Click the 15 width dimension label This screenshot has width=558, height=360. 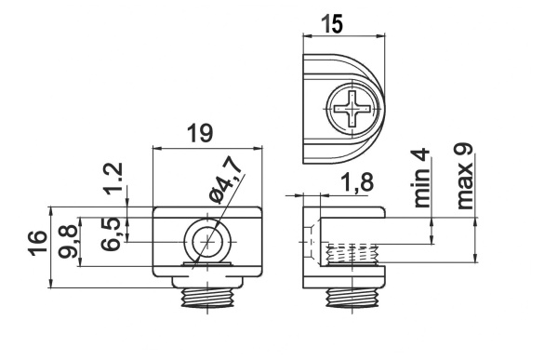(x=332, y=23)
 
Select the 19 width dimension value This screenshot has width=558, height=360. (x=200, y=133)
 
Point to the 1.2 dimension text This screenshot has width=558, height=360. (x=115, y=178)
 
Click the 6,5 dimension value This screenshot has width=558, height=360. (x=111, y=233)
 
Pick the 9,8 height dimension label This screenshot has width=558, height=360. (x=68, y=241)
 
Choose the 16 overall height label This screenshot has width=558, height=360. (x=38, y=243)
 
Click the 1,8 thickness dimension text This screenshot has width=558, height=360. (x=357, y=182)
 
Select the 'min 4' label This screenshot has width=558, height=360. (x=422, y=179)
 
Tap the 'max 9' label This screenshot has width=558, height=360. (x=465, y=176)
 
